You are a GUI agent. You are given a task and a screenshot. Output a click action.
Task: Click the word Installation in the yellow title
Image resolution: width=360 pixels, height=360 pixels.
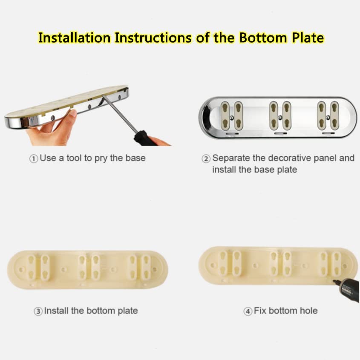[x=74, y=37]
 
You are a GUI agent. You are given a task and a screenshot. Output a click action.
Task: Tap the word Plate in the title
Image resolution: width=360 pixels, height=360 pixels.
[x=308, y=37]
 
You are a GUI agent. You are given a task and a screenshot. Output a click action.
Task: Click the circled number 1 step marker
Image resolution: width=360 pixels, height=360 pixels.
[x=34, y=158]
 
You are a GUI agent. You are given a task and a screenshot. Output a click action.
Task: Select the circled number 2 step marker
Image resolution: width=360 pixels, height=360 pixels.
[x=206, y=158]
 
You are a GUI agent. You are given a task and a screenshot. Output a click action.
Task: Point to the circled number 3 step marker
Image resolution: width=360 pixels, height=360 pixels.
[x=38, y=311]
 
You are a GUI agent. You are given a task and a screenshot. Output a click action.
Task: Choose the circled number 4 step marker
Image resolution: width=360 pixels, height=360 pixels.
[x=248, y=311]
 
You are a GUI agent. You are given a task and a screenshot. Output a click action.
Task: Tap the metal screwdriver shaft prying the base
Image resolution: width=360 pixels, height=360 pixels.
[x=119, y=114]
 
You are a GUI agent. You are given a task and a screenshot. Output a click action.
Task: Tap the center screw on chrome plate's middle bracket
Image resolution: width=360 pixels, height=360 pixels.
[x=280, y=118]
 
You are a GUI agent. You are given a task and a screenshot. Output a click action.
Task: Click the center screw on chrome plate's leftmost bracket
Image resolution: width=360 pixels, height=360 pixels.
[x=232, y=118]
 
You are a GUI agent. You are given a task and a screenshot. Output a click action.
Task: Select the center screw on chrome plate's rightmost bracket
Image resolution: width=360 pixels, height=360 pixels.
[x=328, y=118]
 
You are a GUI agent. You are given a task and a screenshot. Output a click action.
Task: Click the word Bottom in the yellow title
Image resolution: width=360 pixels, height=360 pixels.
[x=263, y=37]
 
